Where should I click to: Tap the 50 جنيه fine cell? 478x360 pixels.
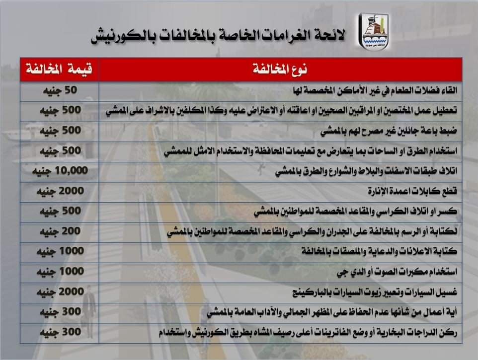pyautogui.click(x=59, y=90)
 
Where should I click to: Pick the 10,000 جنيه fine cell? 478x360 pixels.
pyautogui.click(x=59, y=171)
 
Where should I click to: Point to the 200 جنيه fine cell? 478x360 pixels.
pyautogui.click(x=59, y=231)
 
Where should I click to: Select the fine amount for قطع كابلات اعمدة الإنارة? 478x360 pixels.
pyautogui.click(x=59, y=191)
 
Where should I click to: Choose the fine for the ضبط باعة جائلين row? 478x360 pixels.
pyautogui.click(x=59, y=131)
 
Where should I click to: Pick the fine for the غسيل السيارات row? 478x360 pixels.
pyautogui.click(x=59, y=291)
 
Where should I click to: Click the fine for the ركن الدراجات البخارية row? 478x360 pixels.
pyautogui.click(x=59, y=332)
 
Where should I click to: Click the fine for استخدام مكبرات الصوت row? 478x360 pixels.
pyautogui.click(x=59, y=271)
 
